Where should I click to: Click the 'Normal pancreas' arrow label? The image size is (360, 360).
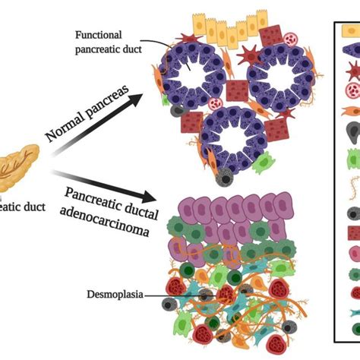pyautogui.click(x=84, y=115)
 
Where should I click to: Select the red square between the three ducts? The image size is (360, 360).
pyautogui.click(x=237, y=90)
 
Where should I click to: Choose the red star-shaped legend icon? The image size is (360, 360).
pyautogui.click(x=352, y=72)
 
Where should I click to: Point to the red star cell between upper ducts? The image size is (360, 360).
pyautogui.click(x=249, y=55)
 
